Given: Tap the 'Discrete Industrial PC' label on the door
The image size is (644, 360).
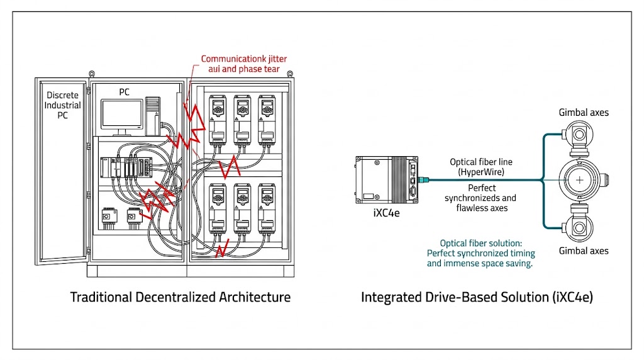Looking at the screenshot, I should pos(62,105).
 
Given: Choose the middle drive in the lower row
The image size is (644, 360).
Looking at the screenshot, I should pos(242,208).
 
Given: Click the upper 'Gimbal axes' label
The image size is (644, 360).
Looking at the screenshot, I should pos(584,113).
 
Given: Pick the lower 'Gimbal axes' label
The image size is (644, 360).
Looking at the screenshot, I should pos(584,250).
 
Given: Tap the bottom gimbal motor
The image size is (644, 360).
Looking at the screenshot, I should pos(579,225).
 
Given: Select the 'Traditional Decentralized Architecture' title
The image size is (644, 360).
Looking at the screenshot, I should pos(180,297).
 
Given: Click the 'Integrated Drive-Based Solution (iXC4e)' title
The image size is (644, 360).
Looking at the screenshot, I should pos(477,297).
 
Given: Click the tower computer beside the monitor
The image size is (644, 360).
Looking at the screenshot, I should pos(153,114).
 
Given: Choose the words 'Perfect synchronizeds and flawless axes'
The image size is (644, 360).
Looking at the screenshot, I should pos(482,198).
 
